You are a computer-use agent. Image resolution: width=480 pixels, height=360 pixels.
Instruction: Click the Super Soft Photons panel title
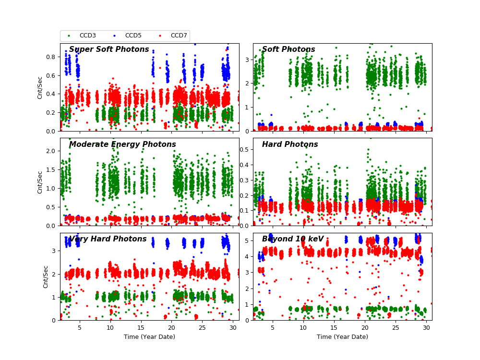coord(109,49)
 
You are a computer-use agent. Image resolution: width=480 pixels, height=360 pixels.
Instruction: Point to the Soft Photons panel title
coord(288,49)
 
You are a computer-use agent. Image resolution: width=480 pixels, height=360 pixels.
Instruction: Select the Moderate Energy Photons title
coord(122,144)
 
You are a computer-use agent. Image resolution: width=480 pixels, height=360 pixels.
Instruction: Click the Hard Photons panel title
coord(290,144)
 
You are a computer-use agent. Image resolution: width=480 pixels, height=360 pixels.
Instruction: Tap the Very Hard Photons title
coord(108,239)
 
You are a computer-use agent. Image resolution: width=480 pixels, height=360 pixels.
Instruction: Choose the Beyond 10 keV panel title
coord(293,239)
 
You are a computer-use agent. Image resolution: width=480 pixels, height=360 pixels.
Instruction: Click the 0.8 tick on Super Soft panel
coord(51,56)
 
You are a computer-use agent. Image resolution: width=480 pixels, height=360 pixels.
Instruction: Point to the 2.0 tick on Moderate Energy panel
coord(51,151)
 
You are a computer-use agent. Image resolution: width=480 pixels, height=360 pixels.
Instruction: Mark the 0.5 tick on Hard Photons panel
coord(244,149)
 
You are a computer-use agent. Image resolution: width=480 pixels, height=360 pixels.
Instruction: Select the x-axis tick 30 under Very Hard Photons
coord(232,327)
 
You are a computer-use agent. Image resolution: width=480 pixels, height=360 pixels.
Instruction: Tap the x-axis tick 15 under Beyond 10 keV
coord(334,327)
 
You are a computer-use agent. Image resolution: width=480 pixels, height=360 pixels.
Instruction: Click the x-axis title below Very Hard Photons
coord(149,337)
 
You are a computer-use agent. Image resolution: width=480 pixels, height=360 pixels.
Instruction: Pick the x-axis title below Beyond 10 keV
coord(342,337)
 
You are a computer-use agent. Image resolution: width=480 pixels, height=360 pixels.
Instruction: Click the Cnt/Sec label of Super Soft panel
coord(40,87)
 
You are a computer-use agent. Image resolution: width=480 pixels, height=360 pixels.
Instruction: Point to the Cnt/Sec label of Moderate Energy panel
coord(40,182)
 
